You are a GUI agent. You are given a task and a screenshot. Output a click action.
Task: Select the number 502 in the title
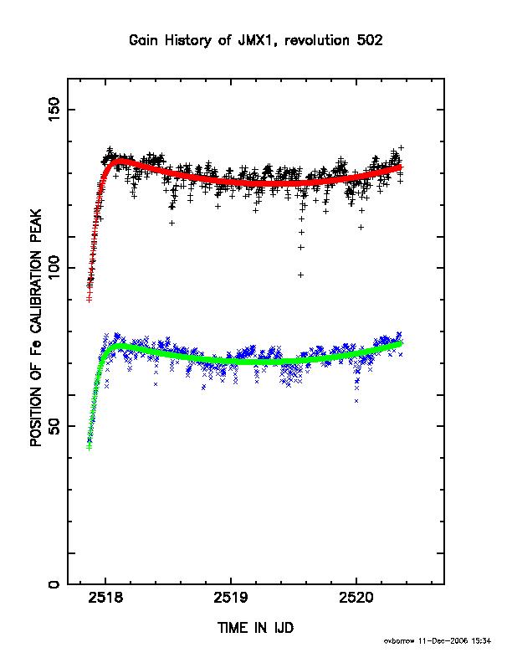point(370,40)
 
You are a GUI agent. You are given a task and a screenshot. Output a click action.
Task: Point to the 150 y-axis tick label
point(54,109)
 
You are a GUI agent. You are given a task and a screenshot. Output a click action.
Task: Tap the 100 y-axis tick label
point(54,267)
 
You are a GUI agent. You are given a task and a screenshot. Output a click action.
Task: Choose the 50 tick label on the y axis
point(54,426)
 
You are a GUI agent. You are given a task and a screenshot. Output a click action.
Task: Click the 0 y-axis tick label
point(54,584)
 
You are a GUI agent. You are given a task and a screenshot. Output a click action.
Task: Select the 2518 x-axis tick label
point(105,598)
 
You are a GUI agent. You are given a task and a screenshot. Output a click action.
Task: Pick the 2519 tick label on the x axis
point(231,598)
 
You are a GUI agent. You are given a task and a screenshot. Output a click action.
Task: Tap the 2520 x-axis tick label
point(356,598)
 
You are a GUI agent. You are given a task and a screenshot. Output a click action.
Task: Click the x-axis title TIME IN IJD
point(255,628)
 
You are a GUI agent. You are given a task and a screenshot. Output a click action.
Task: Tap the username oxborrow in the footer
point(400,641)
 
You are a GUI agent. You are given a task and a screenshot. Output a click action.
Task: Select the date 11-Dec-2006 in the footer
point(443,641)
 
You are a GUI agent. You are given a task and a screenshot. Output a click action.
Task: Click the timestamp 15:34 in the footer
point(481,641)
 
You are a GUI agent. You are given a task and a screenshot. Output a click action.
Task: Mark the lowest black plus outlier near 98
point(301,275)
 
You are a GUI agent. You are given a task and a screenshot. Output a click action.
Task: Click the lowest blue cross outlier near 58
point(356,401)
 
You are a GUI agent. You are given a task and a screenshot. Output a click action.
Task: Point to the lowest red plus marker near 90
point(90,300)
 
